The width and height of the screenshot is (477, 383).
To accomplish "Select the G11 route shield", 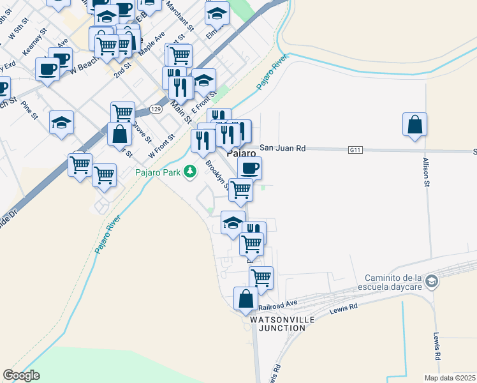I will [x=355, y=149].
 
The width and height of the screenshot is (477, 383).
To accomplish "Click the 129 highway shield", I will [x=156, y=110].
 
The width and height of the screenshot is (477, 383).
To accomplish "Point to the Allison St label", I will [x=426, y=173].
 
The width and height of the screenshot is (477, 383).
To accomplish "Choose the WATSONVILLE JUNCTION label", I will [x=278, y=323].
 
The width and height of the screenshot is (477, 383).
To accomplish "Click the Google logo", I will [x=21, y=375].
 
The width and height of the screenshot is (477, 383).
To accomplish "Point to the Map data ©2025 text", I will [x=450, y=378].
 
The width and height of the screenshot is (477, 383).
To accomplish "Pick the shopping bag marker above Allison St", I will [x=415, y=124].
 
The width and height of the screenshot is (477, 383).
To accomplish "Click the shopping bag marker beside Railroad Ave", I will [x=246, y=299].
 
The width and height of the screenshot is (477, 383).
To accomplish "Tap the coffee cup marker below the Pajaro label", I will [x=249, y=168].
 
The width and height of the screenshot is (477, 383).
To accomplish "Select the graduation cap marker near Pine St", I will [x=62, y=123].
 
